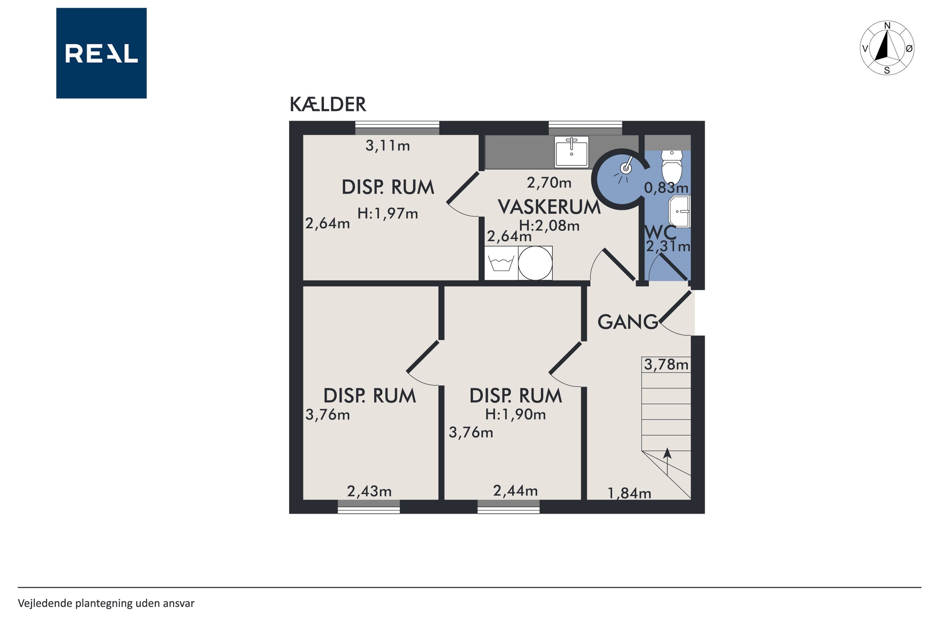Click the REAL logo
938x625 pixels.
101,53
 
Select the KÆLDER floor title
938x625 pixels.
327,105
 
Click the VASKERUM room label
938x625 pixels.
549,207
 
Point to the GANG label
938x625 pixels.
627,322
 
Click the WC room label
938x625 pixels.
660,232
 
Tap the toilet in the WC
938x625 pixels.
672,166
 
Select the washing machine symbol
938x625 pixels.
501,263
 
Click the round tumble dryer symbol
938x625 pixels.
535,263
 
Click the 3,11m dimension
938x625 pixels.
387,146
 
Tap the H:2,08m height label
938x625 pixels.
549,226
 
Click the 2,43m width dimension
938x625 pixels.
369,492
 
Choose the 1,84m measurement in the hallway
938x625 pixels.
629,493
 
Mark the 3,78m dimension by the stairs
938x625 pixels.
666,364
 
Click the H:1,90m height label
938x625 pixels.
515,414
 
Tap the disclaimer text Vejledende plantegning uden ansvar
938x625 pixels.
106,603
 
